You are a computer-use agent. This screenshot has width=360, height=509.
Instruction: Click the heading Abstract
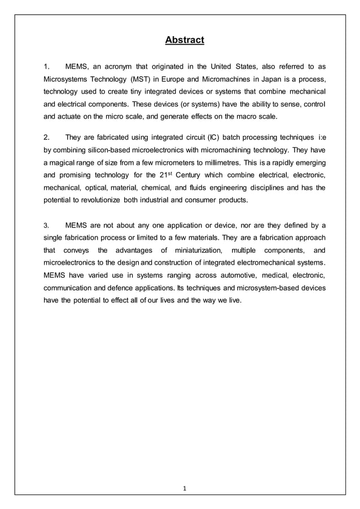(184, 40)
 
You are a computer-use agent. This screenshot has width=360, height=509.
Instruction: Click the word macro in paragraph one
(241, 117)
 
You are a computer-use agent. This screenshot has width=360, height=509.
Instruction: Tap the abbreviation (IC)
(213, 137)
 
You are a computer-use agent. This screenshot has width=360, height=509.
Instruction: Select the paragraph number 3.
(47, 225)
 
